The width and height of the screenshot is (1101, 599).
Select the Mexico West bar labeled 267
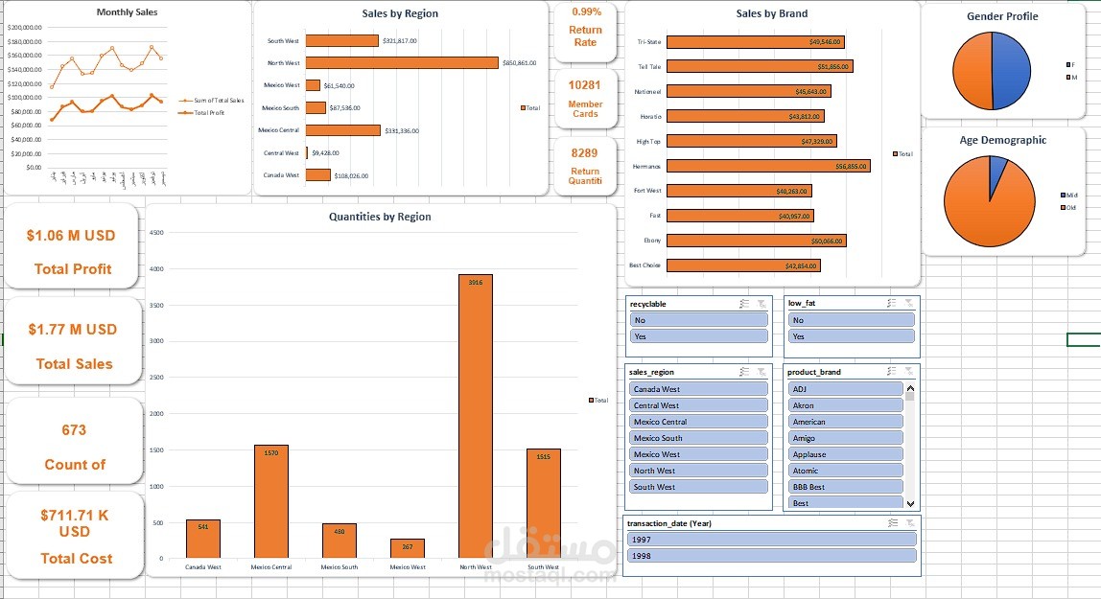408,548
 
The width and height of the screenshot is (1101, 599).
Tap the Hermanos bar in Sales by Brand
768,166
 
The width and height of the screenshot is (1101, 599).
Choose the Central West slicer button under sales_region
698,405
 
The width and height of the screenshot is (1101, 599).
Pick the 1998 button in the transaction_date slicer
771,556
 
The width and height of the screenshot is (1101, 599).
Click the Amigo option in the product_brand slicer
845,438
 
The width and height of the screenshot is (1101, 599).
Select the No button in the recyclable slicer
698,320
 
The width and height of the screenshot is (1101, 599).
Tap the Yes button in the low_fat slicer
851,336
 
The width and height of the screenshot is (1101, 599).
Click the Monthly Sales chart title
127,12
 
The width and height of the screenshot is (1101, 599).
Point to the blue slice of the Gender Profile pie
1010,73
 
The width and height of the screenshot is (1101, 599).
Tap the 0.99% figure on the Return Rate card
586,12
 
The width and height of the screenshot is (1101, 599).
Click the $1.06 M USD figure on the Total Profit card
71,236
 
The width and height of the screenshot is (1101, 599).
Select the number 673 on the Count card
74,430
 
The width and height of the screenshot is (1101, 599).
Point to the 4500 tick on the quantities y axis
158,232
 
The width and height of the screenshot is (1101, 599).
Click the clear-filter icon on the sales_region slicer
761,371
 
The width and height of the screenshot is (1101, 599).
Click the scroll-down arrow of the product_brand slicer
910,503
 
